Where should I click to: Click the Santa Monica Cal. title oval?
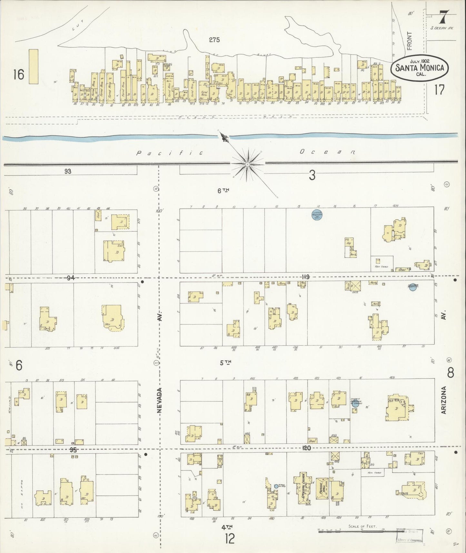(419, 68)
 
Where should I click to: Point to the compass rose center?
(247, 165)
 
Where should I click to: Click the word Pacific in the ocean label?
(170, 153)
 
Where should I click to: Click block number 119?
(306, 277)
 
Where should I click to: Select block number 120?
(306, 448)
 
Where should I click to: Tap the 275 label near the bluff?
(214, 40)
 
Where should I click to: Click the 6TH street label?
(223, 191)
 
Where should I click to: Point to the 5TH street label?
(225, 363)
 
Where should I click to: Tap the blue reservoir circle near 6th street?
(318, 215)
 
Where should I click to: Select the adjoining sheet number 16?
(19, 75)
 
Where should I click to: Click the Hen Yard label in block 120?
(374, 473)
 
